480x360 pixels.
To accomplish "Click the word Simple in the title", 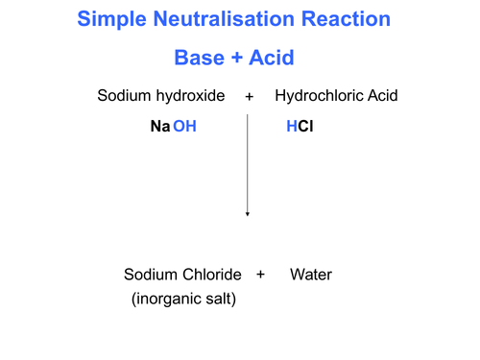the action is pyautogui.click(x=108, y=19).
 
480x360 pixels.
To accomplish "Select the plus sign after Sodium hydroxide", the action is pyautogui.click(x=249, y=97).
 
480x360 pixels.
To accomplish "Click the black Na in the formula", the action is pyautogui.click(x=159, y=127).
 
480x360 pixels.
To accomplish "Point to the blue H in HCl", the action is pyautogui.click(x=291, y=127).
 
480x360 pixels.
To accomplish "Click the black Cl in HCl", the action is pyautogui.click(x=305, y=127).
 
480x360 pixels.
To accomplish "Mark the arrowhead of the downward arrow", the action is pyautogui.click(x=248, y=213).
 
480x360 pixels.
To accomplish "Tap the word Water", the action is pyautogui.click(x=311, y=275).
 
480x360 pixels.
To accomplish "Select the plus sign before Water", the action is pyautogui.click(x=260, y=275).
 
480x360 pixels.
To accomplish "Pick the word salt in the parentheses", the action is pyautogui.click(x=222, y=300).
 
